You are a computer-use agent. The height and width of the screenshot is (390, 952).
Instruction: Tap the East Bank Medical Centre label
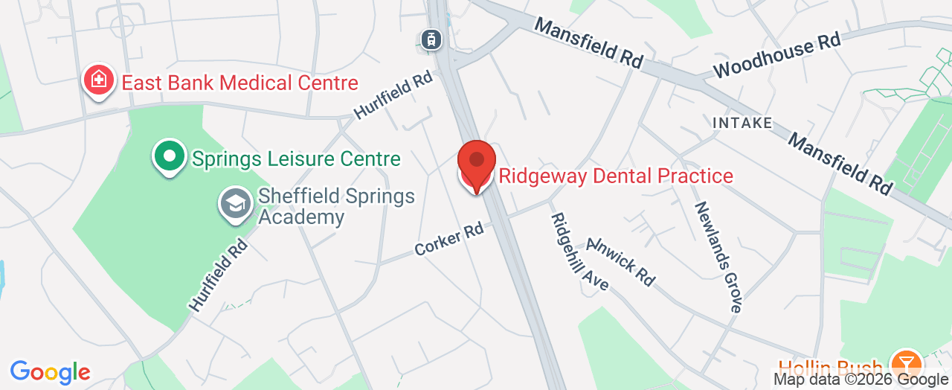tap(239, 83)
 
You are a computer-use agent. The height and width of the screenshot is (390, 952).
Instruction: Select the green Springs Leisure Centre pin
tap(170, 156)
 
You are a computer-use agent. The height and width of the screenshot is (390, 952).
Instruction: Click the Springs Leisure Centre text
tap(296, 159)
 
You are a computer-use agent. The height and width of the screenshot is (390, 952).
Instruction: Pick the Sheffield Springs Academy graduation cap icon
tap(236, 203)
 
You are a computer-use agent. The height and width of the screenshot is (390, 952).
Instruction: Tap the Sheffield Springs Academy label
tap(336, 206)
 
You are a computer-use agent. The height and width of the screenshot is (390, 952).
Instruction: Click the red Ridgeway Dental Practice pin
tap(476, 164)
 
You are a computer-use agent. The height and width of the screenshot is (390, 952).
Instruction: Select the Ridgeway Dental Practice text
tap(616, 176)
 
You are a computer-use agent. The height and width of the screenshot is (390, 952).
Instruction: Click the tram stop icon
tap(430, 40)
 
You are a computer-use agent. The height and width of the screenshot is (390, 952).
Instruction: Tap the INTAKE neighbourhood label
tap(742, 123)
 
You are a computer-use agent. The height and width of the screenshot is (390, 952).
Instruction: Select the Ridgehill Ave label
tap(579, 252)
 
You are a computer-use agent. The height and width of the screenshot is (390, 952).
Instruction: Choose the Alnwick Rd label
tap(621, 261)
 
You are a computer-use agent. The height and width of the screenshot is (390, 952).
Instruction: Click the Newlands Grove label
tap(718, 256)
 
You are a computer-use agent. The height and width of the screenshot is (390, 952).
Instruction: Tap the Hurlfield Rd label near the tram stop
tap(393, 95)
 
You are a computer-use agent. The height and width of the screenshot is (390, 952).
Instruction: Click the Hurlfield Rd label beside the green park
tap(217, 275)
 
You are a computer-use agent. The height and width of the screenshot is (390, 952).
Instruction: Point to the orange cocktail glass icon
tap(906, 364)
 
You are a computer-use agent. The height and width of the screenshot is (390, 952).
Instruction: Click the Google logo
tap(50, 371)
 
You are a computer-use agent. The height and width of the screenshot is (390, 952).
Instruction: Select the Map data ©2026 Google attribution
tap(861, 380)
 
